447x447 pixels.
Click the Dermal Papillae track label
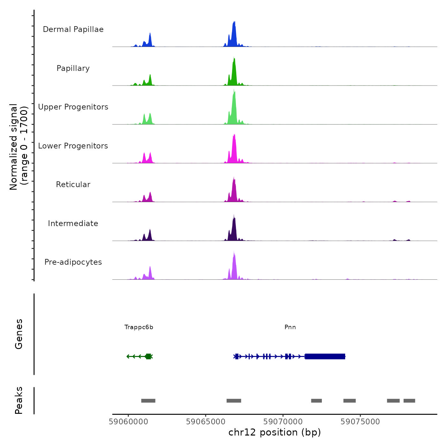(x=73, y=29)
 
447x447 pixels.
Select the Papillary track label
(x=73, y=68)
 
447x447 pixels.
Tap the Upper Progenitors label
(x=73, y=107)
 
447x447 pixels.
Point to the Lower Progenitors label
(x=73, y=146)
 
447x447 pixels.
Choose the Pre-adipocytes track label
(x=73, y=262)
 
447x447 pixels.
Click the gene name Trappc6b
(x=139, y=327)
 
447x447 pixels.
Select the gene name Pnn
(x=290, y=327)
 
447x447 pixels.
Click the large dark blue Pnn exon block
(x=325, y=356)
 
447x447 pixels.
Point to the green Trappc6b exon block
(x=148, y=356)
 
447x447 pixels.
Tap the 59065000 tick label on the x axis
(x=206, y=422)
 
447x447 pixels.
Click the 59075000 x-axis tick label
(x=360, y=422)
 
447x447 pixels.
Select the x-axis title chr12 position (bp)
(x=275, y=432)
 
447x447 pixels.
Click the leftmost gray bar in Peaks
(x=148, y=401)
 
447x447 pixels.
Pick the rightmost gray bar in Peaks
(x=409, y=401)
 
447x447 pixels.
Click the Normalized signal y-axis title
(x=19, y=147)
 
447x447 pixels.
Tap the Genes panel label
(x=19, y=334)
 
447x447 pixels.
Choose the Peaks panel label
(x=19, y=400)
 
